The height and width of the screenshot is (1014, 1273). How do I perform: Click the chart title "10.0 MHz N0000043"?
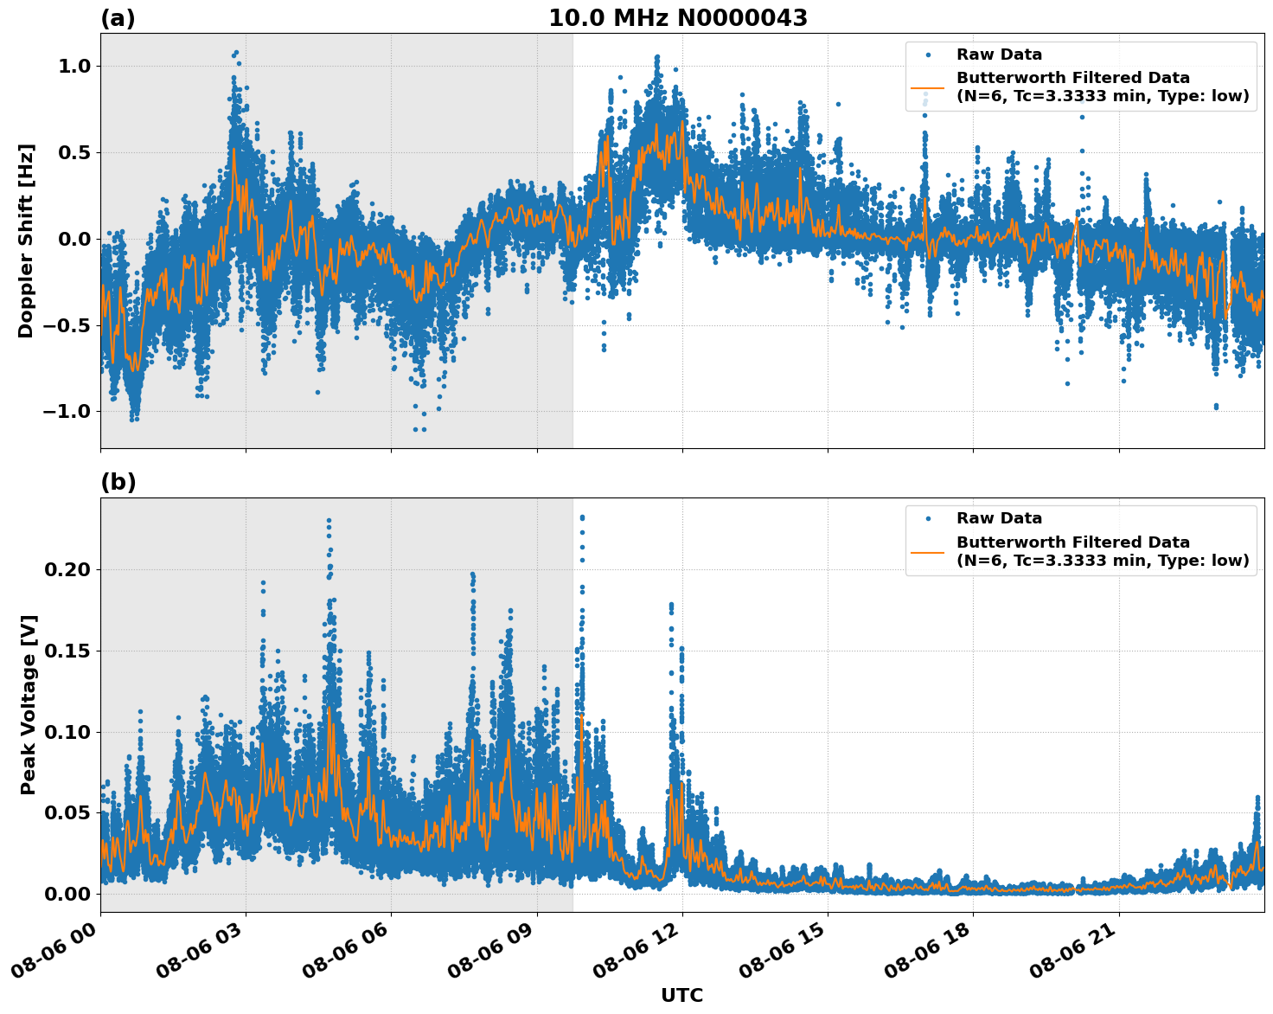tap(678, 18)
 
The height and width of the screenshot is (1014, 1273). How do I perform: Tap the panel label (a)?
tap(118, 18)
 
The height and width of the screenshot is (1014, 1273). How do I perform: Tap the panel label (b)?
tap(118, 482)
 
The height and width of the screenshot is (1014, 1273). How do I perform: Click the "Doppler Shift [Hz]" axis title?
tap(26, 241)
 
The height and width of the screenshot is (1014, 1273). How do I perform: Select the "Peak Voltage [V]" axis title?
tap(29, 704)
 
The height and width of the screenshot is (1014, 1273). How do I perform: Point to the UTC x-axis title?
tap(681, 995)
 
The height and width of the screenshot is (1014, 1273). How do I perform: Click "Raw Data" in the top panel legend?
tap(999, 55)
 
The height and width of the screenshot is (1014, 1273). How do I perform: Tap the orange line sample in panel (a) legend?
tap(927, 87)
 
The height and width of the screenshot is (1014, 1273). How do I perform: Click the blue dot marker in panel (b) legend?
tap(927, 519)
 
